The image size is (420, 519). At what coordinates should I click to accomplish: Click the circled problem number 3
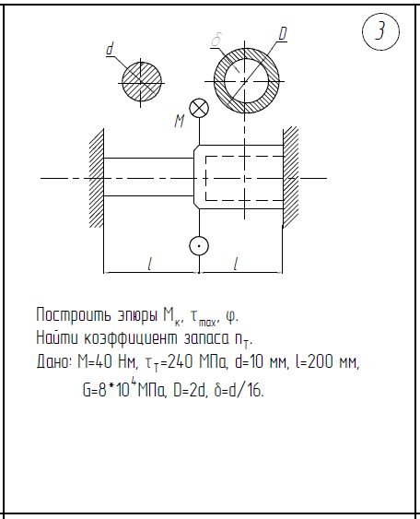[x=380, y=31]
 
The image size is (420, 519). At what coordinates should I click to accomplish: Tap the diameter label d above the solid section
[x=110, y=49]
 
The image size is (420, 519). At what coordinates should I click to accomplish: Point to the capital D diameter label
[x=283, y=33]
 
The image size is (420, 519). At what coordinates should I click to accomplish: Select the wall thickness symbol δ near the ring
[x=216, y=40]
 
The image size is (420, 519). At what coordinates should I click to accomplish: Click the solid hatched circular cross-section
[x=141, y=82]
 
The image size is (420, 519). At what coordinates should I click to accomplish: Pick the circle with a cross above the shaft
[x=199, y=108]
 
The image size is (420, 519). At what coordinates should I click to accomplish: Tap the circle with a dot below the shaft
[x=199, y=246]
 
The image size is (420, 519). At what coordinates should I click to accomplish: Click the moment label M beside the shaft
[x=180, y=121]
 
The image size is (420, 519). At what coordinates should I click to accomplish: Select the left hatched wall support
[x=97, y=178]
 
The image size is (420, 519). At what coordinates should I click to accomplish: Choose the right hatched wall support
[x=291, y=176]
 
